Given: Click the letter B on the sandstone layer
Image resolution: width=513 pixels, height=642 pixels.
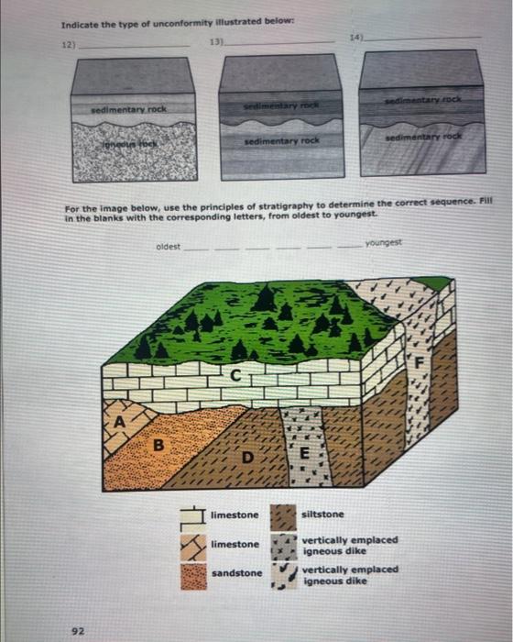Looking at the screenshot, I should tap(158, 447).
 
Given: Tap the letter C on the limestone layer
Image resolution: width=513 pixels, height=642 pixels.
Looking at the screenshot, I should tap(235, 374).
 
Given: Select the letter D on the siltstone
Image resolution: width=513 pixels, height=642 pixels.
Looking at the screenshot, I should tap(245, 457).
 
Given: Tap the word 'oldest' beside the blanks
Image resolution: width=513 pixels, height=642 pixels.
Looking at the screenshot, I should tap(168, 247).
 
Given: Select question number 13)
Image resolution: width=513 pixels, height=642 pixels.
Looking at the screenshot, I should tap(218, 42).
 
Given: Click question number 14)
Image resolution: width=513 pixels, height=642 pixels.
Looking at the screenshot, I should tap(355, 38).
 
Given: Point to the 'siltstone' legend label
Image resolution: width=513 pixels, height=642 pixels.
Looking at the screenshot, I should tap(322, 515).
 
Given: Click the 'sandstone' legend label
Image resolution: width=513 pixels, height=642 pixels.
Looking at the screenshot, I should tap(236, 573).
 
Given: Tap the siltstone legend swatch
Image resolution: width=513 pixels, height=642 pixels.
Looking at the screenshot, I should tap(283, 515).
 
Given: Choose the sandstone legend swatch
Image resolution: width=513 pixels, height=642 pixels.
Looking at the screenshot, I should tap(193, 575).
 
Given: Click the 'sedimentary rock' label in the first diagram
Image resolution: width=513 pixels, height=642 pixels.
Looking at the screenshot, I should tap(129, 108).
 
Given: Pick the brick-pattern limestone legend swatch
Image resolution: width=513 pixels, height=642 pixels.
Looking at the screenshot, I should tap(193, 515).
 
